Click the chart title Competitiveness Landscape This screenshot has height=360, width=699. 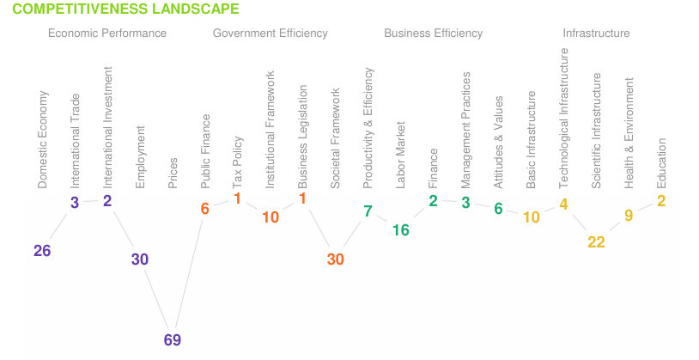(126, 9)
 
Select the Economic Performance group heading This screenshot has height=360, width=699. (107, 34)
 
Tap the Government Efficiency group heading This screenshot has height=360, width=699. (270, 34)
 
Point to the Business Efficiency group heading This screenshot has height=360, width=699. (433, 34)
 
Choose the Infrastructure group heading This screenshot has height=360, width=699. (596, 34)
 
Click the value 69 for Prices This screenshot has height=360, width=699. (173, 339)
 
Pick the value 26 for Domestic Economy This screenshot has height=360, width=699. (42, 250)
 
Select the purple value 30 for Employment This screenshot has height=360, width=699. (140, 259)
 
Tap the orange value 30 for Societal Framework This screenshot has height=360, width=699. (335, 259)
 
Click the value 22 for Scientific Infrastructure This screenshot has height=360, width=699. (596, 242)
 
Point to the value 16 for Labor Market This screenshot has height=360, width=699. (401, 229)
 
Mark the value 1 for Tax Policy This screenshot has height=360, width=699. (237, 199)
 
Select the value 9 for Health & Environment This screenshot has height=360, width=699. (629, 215)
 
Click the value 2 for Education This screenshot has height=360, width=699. (661, 200)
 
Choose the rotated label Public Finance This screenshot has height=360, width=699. (206, 151)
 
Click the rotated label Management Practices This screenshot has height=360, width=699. (466, 131)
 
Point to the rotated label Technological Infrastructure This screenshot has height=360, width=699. (564, 118)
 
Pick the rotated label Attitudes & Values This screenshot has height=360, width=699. (499, 143)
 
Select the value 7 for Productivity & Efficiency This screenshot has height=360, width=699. (368, 211)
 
